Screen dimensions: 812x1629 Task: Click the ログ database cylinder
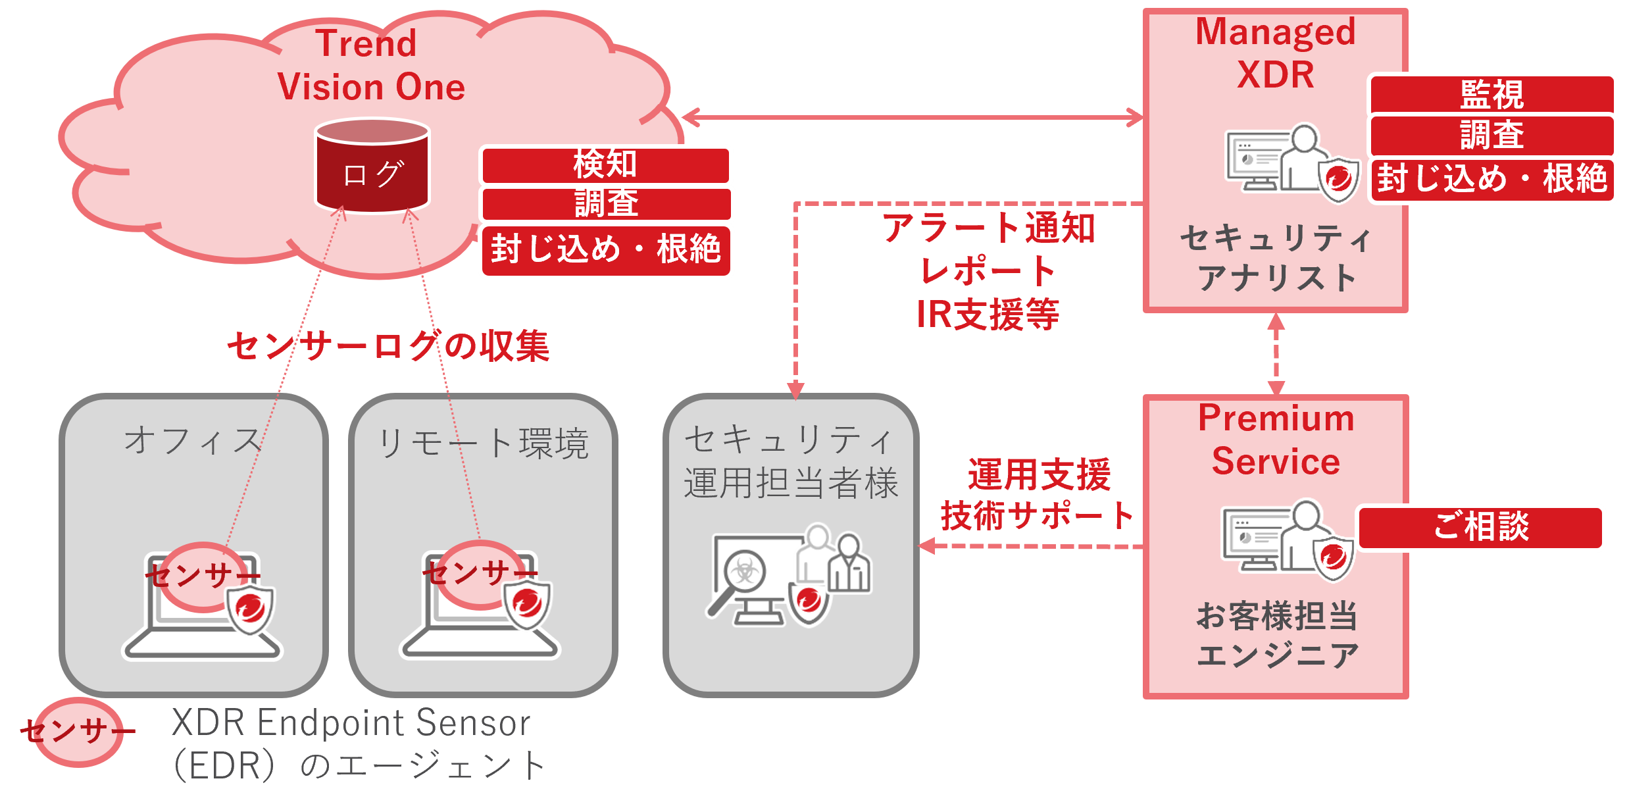372,168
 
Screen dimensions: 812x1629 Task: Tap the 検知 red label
605,165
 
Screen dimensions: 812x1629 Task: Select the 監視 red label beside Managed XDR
1492,95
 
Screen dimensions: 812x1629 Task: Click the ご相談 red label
1481,526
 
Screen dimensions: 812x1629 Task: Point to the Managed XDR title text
1275,53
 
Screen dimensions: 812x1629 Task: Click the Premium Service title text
1276,440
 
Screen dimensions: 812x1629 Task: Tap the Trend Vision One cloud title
370,66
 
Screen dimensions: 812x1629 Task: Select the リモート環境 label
483,443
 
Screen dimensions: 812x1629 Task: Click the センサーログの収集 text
388,346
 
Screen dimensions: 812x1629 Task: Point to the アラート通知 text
988,228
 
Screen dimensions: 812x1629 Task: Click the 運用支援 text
1039,474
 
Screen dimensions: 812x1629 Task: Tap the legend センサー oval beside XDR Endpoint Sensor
78,731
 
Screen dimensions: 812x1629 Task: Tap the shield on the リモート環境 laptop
527,604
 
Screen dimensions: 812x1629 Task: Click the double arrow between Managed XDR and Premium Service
1276,354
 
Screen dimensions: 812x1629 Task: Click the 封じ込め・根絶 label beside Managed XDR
1492,179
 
